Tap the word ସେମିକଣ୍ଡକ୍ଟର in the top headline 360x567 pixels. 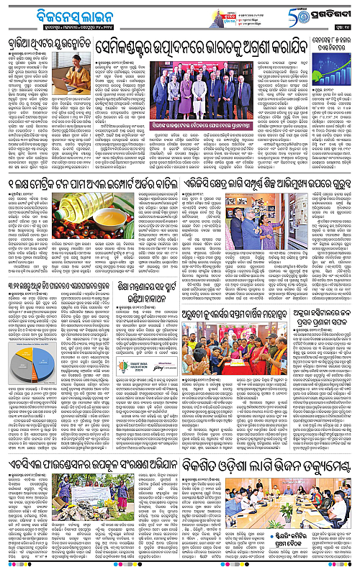[x=137, y=48]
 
